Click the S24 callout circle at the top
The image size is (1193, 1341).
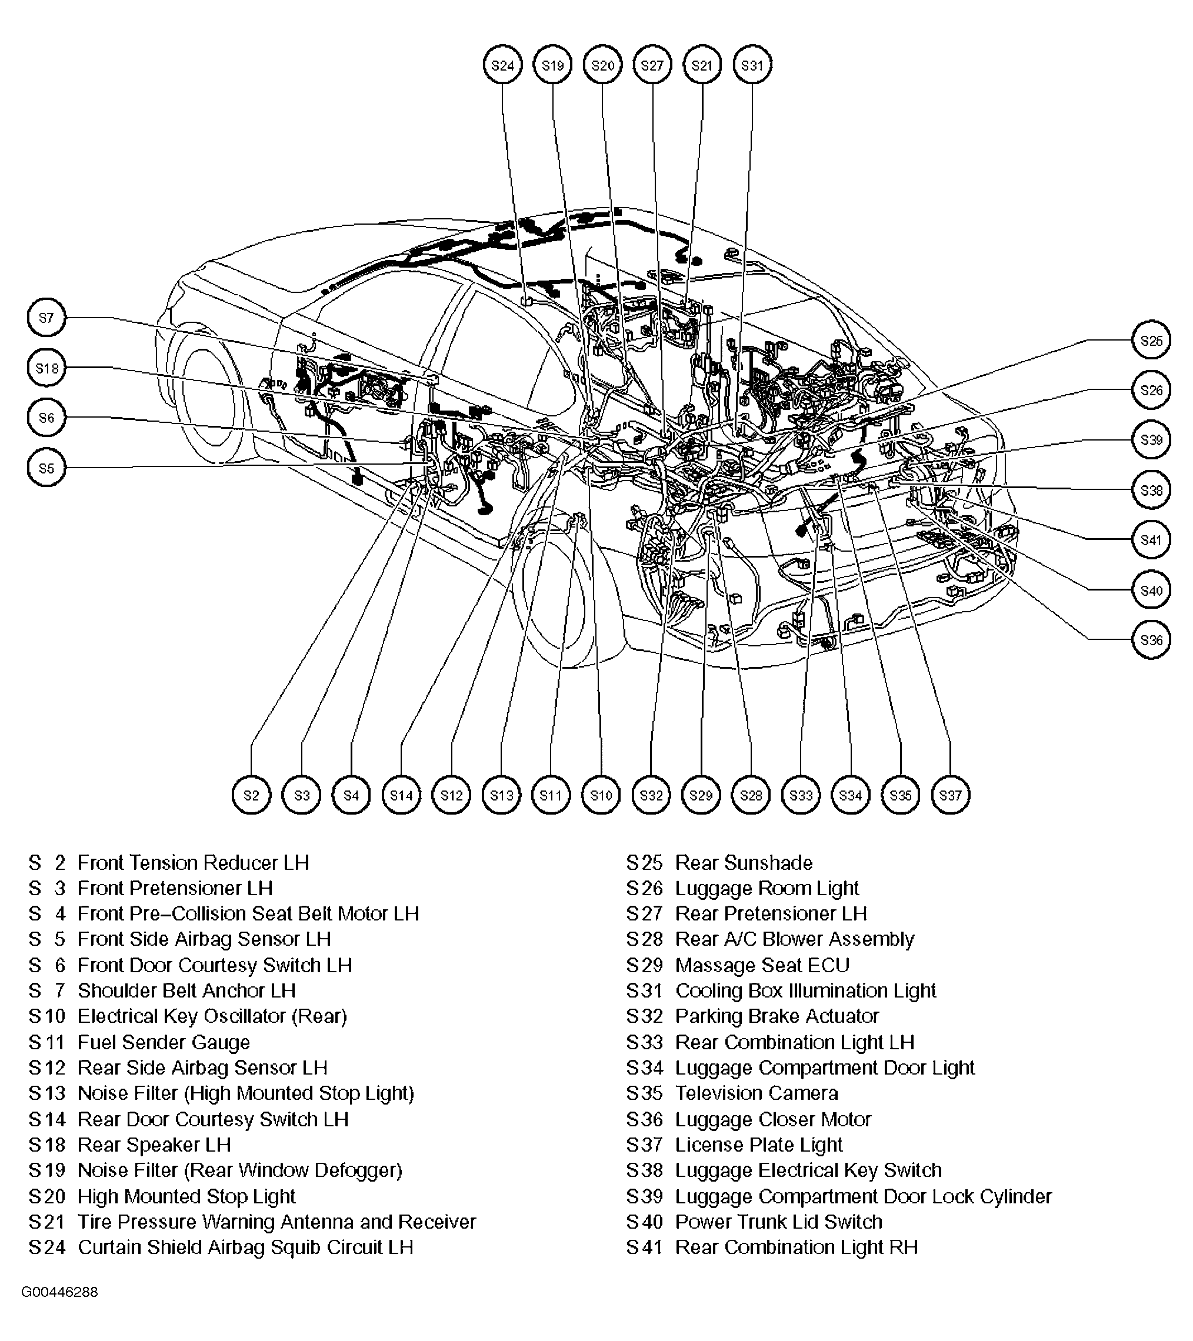pyautogui.click(x=502, y=65)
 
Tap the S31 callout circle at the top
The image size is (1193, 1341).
pyautogui.click(x=752, y=65)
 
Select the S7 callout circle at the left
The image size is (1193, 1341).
pyautogui.click(x=46, y=318)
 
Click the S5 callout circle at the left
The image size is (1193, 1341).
pyautogui.click(x=46, y=468)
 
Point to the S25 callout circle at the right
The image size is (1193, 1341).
pyautogui.click(x=1151, y=341)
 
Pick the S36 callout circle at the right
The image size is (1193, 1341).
pyautogui.click(x=1151, y=640)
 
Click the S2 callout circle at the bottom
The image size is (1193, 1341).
pyautogui.click(x=251, y=795)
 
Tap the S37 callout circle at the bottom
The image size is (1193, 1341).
pyautogui.click(x=950, y=795)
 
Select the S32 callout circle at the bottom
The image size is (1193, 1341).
pyautogui.click(x=651, y=795)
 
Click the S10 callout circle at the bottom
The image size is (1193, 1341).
pyautogui.click(x=601, y=795)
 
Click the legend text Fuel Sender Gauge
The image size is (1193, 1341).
pyautogui.click(x=164, y=1042)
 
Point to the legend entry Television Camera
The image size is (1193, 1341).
pyautogui.click(x=756, y=1093)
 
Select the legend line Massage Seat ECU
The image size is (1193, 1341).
pyautogui.click(x=762, y=966)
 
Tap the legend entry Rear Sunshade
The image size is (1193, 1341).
pyautogui.click(x=744, y=863)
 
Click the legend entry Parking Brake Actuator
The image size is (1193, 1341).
pyautogui.click(x=777, y=1016)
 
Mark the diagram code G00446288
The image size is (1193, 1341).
pyautogui.click(x=60, y=1292)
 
